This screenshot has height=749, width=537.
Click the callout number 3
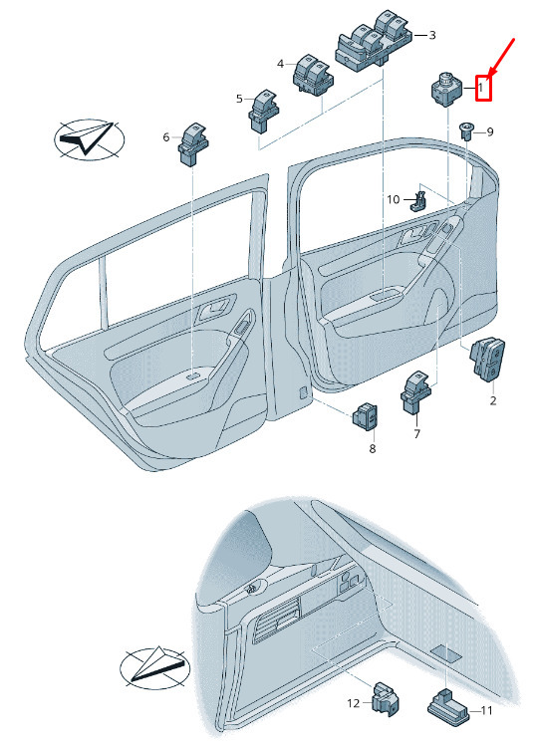click(x=432, y=35)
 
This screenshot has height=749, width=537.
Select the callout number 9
click(x=490, y=131)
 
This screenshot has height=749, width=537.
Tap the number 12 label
click(x=353, y=703)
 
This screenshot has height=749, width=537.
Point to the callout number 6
click(x=165, y=137)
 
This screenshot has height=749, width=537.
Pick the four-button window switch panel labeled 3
click(x=374, y=40)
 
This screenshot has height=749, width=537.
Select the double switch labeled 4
click(x=313, y=75)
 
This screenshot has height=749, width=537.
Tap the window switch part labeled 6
click(x=193, y=143)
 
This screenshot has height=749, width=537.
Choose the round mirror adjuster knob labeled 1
click(x=447, y=89)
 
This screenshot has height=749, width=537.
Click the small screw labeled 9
click(x=465, y=130)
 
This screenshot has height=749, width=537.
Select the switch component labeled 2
click(x=487, y=360)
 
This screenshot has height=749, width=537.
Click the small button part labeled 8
click(x=365, y=417)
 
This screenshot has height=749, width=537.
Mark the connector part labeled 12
click(x=386, y=700)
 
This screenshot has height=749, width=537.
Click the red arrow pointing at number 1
click(x=501, y=58)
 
